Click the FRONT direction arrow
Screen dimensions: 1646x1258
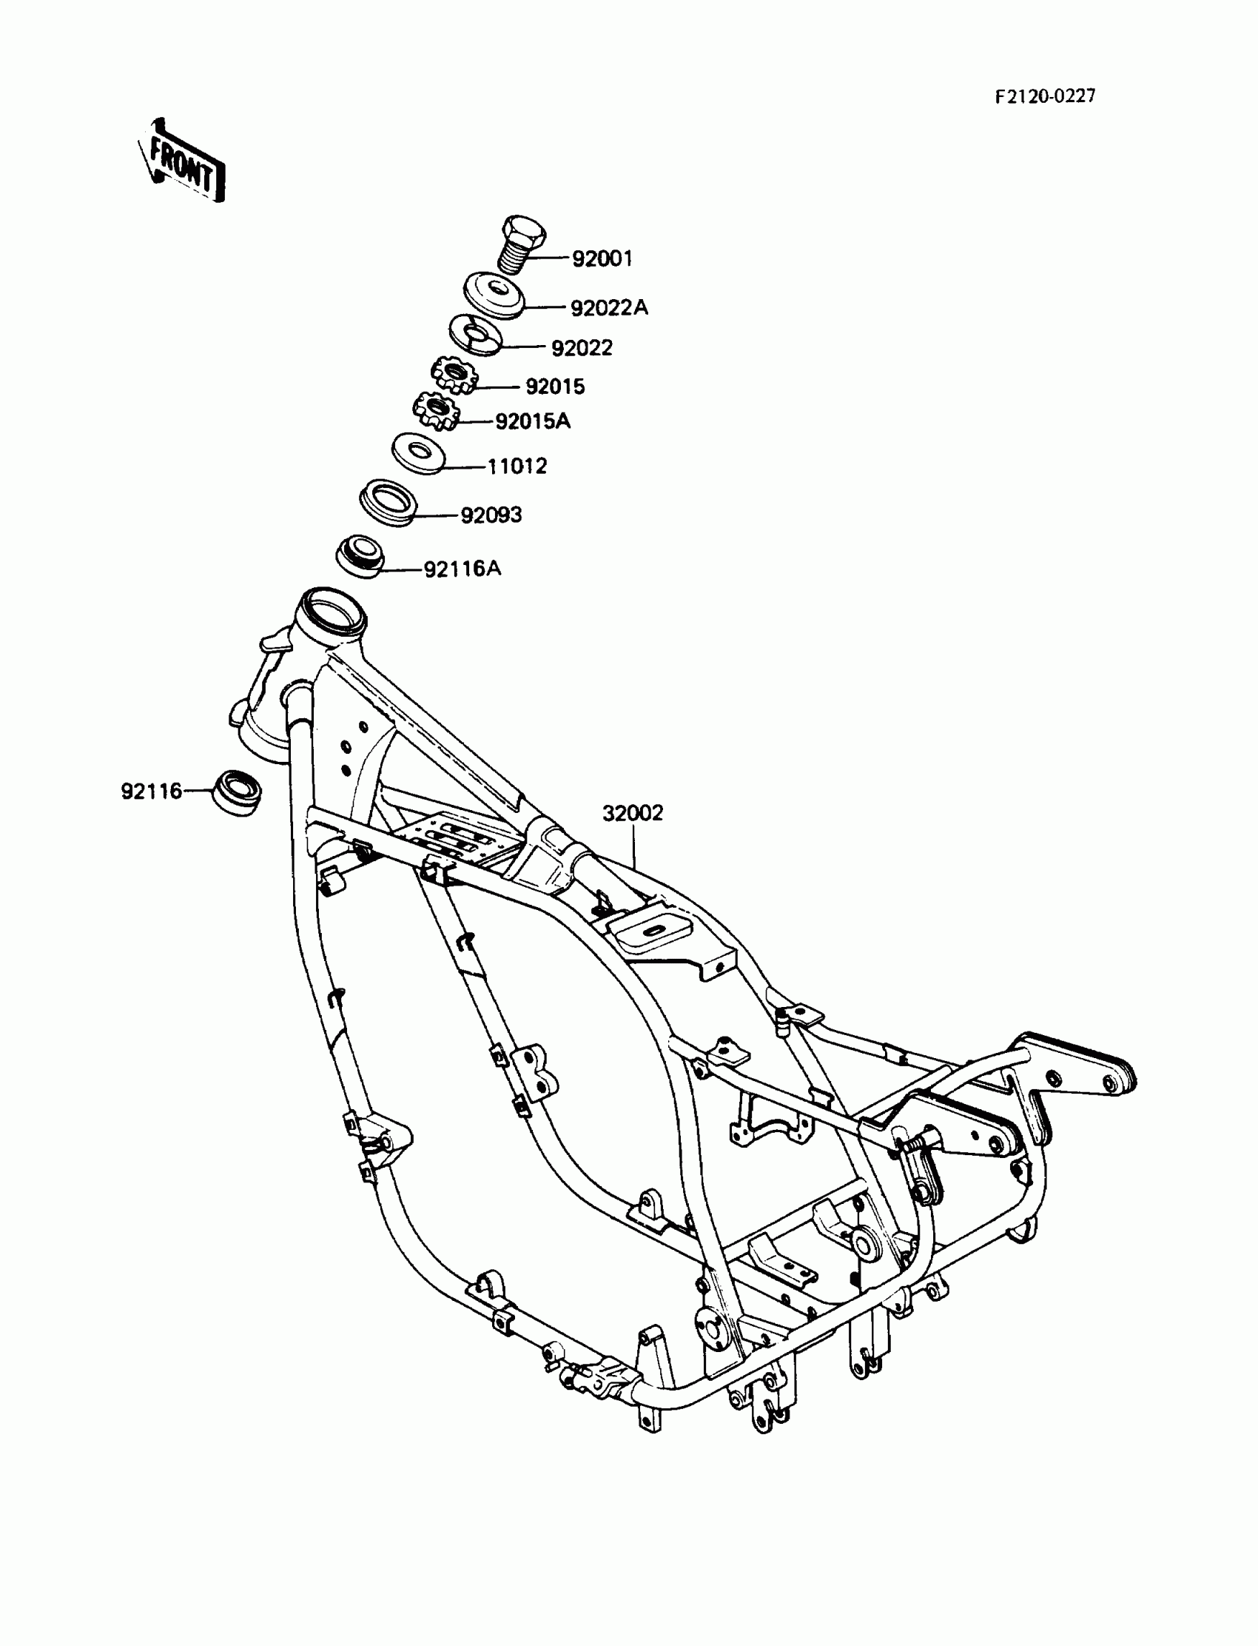pyautogui.click(x=181, y=163)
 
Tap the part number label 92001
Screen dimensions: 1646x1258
pyautogui.click(x=602, y=258)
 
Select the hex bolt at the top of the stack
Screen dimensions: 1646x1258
pyautogui.click(x=522, y=244)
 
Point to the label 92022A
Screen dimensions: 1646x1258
pyautogui.click(x=609, y=308)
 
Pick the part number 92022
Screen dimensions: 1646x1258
pyautogui.click(x=582, y=347)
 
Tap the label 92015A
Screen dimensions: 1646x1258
pyautogui.click(x=532, y=422)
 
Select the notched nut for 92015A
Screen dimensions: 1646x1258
pyautogui.click(x=435, y=411)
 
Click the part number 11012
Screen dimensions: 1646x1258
pyautogui.click(x=517, y=466)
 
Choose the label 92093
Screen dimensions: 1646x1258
pyautogui.click(x=491, y=515)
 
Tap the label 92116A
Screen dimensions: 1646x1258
pyautogui.click(x=462, y=569)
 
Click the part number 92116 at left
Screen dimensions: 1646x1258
pyautogui.click(x=151, y=791)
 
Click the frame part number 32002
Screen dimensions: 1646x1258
pyautogui.click(x=633, y=813)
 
